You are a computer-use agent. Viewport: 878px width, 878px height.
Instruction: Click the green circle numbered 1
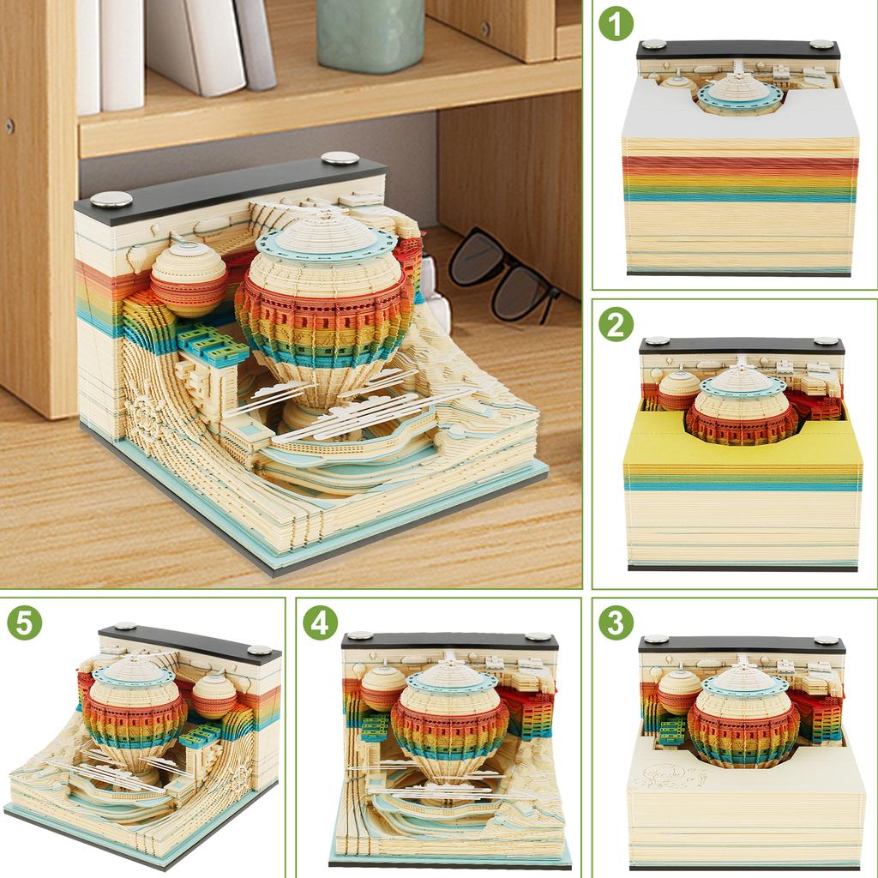[616, 24]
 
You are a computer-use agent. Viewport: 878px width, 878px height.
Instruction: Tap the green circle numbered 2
[616, 324]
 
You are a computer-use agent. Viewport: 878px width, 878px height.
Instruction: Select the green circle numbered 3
[616, 622]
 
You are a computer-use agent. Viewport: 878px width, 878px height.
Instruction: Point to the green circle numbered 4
[320, 622]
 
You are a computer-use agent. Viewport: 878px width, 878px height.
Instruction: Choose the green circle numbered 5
[24, 622]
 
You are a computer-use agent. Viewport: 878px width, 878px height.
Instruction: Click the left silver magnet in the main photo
[111, 199]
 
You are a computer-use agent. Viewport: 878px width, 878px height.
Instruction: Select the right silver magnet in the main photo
[340, 158]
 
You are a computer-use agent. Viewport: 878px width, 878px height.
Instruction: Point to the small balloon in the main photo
[189, 279]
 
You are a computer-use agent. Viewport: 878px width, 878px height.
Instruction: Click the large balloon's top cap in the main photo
[326, 233]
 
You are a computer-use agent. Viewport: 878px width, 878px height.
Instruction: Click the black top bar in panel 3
[741, 644]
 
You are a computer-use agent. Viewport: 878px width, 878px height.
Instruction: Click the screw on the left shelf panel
[9, 125]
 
